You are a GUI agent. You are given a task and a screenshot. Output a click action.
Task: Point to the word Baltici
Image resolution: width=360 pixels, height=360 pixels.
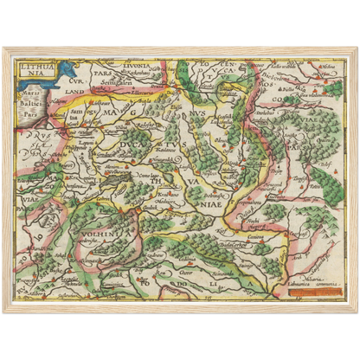coord(29,96)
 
